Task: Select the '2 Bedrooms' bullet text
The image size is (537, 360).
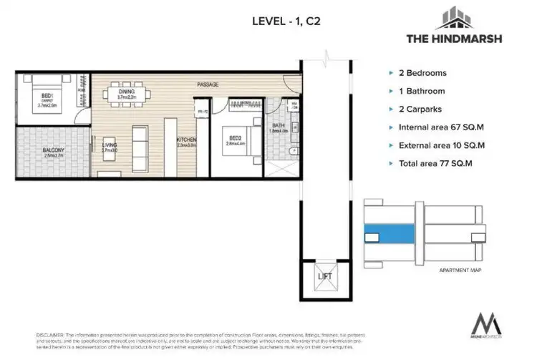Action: (x=428, y=73)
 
